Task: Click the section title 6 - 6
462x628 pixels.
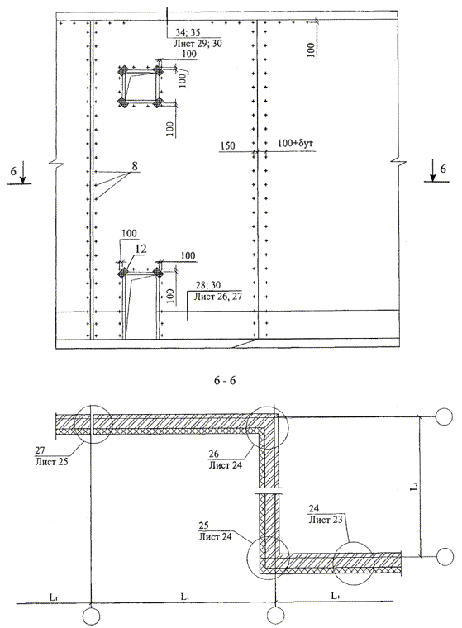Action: pyautogui.click(x=225, y=380)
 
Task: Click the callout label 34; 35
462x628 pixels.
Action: pyautogui.click(x=188, y=32)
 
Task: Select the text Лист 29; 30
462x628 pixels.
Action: pyautogui.click(x=198, y=43)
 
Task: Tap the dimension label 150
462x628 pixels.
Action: pyautogui.click(x=227, y=145)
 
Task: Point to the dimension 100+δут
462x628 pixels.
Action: pyautogui.click(x=292, y=143)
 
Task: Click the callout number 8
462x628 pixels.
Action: pyautogui.click(x=135, y=165)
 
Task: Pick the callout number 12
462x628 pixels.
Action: pyautogui.click(x=141, y=249)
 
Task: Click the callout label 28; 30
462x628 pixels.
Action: pyautogui.click(x=208, y=285)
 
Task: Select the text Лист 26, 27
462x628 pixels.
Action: pyautogui.click(x=217, y=297)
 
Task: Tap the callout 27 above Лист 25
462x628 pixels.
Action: pyautogui.click(x=40, y=450)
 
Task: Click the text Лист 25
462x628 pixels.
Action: pyautogui.click(x=52, y=461)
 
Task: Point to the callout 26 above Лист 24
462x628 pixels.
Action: pyautogui.click(x=213, y=454)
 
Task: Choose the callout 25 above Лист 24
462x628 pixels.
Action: pyautogui.click(x=204, y=525)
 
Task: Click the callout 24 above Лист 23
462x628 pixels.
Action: pyautogui.click(x=314, y=508)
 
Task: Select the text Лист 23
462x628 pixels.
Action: pyautogui.click(x=325, y=520)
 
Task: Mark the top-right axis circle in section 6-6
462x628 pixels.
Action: pyautogui.click(x=444, y=416)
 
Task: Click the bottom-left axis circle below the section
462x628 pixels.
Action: pyautogui.click(x=92, y=616)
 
